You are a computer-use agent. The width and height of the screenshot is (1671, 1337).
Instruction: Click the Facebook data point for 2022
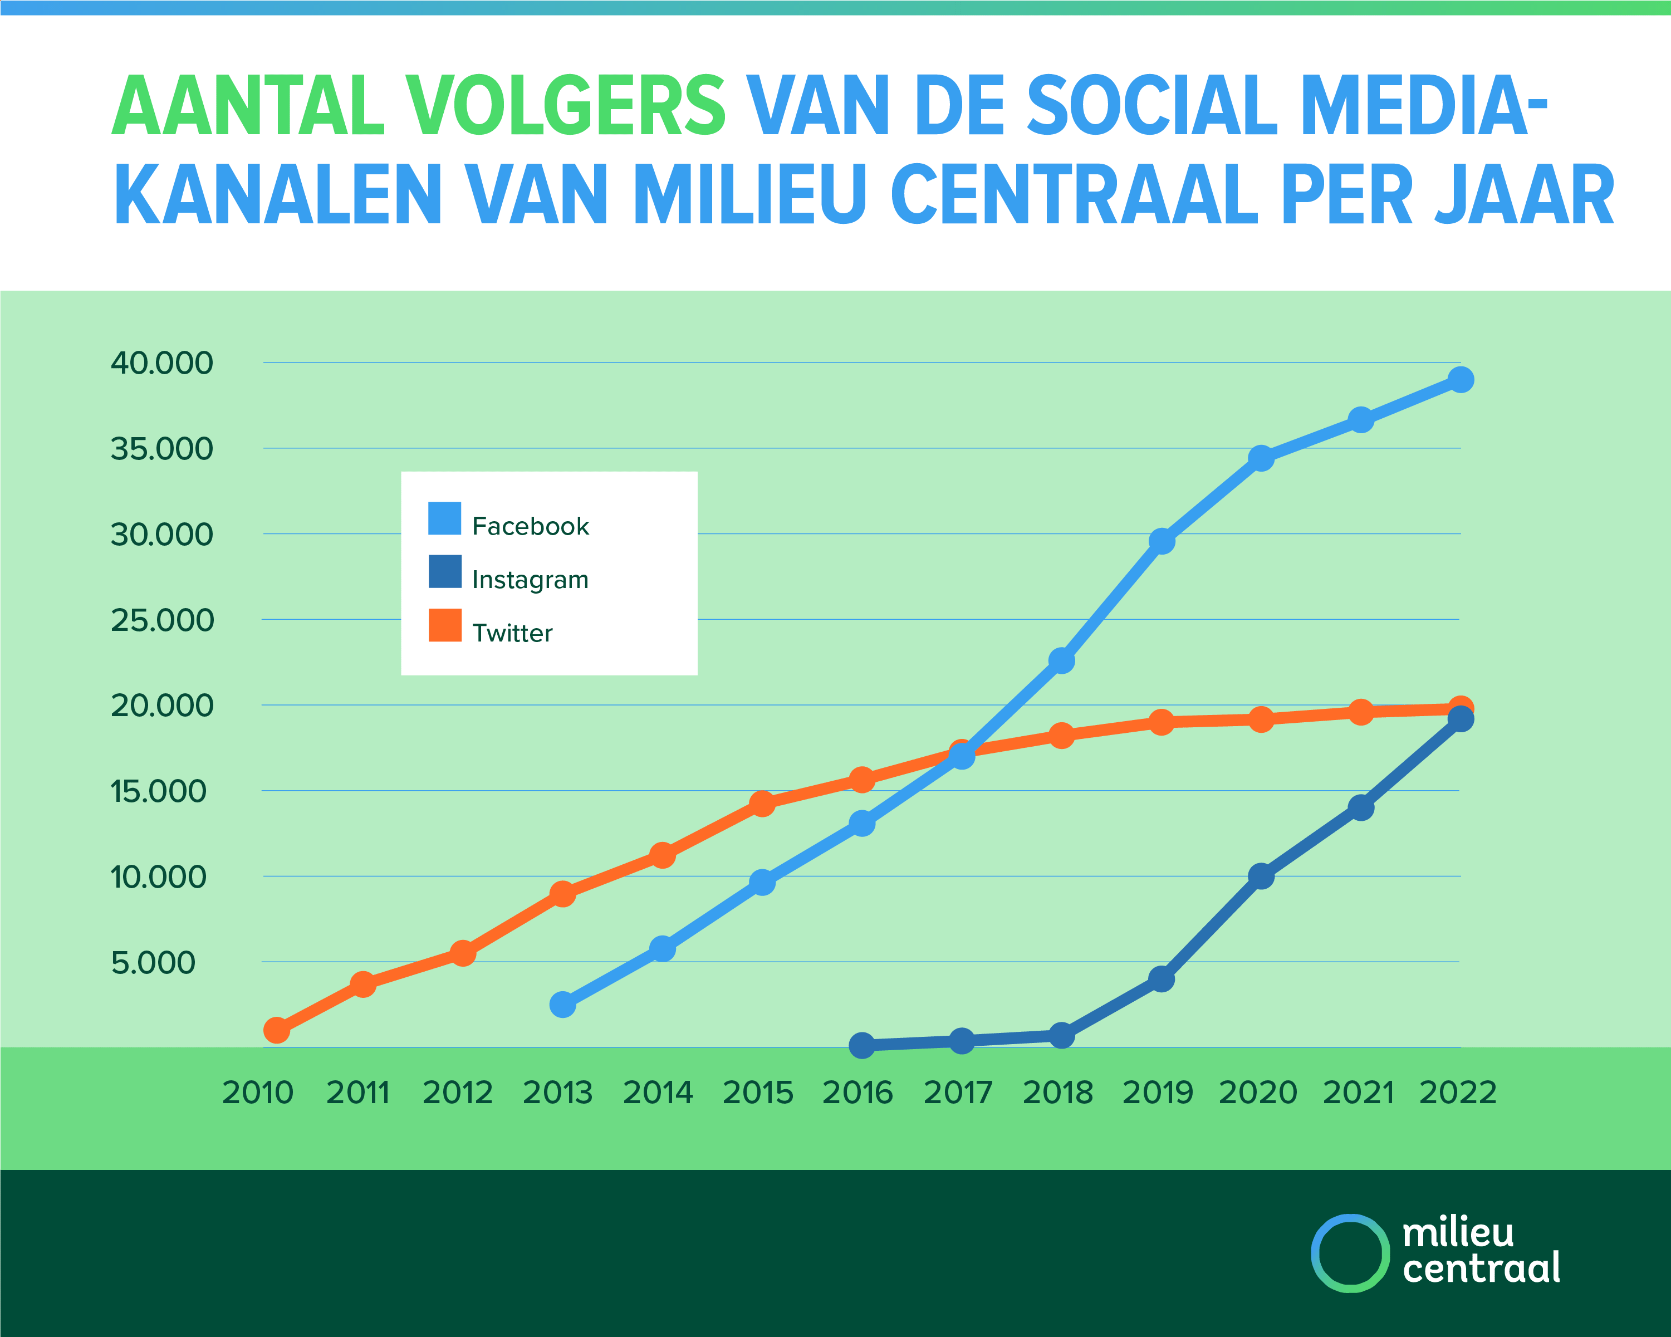1460,380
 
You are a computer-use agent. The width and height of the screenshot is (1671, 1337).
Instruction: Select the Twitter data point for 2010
277,1030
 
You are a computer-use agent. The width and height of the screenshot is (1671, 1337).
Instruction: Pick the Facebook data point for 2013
563,1005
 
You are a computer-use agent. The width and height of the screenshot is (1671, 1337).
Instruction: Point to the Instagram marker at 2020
1261,876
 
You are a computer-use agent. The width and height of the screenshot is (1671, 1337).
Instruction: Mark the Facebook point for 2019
1161,541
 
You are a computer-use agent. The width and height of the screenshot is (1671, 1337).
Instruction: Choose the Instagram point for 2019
1161,979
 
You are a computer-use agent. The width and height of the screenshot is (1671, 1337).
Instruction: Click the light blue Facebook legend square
445,518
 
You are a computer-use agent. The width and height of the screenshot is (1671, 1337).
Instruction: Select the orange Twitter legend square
445,625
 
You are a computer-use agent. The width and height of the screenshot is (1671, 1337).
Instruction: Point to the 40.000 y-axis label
162,363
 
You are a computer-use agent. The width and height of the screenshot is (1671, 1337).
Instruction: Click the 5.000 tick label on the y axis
154,963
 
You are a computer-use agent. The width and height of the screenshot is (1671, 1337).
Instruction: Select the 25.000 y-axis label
162,620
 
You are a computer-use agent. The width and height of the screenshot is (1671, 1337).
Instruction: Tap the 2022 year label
1458,1093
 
